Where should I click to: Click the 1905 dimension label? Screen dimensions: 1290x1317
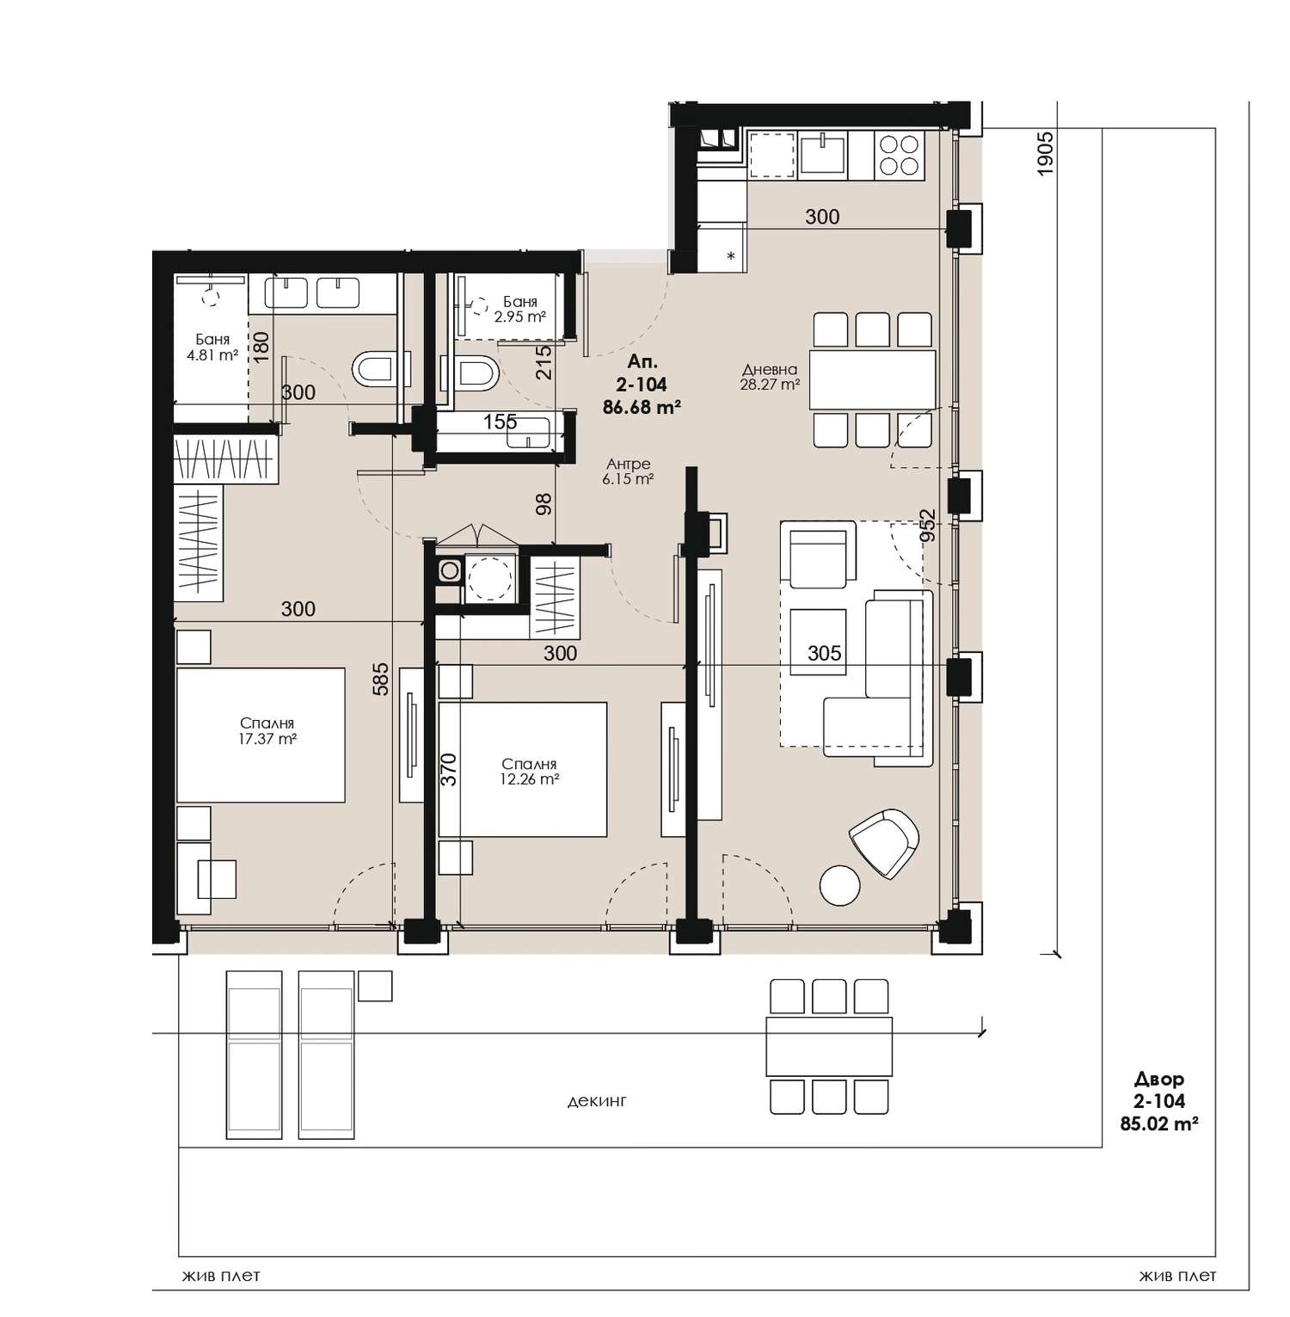coord(1046,155)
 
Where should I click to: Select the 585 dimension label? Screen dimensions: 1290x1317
coord(381,678)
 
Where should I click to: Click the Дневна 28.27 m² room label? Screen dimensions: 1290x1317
coord(771,377)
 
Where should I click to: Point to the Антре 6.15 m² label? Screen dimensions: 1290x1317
coord(627,471)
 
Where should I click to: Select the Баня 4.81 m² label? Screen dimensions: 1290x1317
coord(212,347)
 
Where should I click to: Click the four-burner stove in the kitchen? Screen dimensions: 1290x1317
coord(900,156)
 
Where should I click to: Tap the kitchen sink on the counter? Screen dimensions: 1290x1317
coord(824,154)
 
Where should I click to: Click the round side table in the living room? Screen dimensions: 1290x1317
coord(840,884)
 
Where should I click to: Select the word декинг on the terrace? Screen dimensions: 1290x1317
coord(597,1100)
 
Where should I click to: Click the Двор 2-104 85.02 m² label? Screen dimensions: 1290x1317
coord(1159,1101)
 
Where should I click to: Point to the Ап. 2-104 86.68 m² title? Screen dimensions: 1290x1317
coord(642,385)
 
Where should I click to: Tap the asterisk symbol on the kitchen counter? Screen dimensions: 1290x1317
coord(731,255)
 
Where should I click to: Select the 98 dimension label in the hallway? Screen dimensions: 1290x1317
coord(544,504)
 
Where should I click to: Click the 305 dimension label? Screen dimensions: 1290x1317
coord(824,654)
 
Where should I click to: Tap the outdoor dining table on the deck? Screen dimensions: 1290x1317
coord(829,1046)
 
